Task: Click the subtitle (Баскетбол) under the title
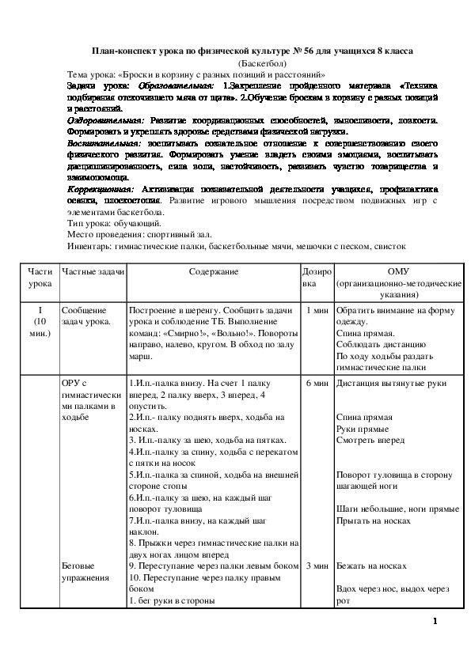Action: (258, 62)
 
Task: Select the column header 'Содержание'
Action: (214, 271)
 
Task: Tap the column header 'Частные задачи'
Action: (93, 271)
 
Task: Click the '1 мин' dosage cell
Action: (317, 310)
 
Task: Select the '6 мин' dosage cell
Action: (317, 383)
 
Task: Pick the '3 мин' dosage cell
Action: (317, 566)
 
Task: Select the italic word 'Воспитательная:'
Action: (104, 145)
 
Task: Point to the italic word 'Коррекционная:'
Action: (102, 190)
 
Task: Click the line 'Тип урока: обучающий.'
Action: (116, 224)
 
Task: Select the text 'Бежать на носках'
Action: (371, 566)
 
